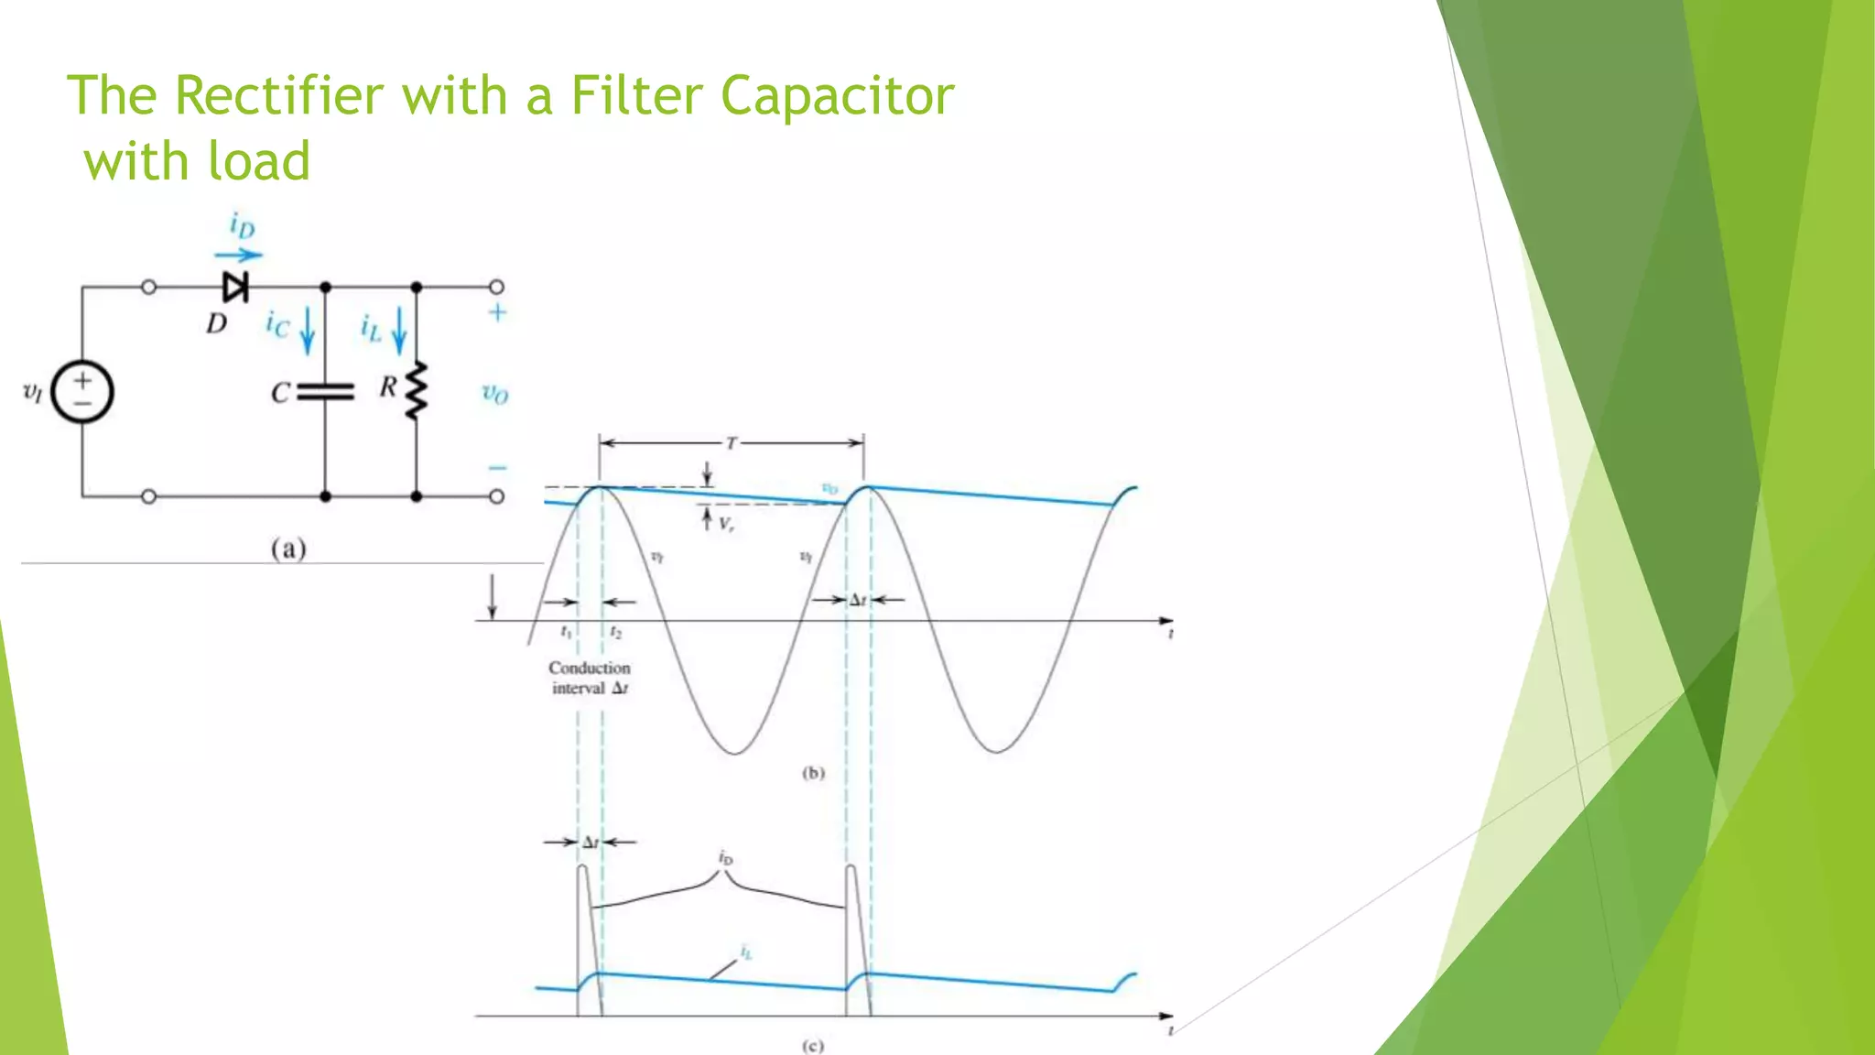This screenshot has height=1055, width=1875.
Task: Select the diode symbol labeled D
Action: pos(235,288)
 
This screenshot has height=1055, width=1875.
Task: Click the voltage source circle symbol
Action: pos(82,392)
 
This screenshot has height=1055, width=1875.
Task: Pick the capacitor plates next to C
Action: pos(325,392)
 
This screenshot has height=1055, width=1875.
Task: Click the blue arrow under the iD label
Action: pos(238,256)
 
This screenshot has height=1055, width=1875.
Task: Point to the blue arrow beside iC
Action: pos(308,330)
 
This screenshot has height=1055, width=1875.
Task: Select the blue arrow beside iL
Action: pos(399,330)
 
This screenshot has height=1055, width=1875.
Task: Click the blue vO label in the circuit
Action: pos(495,394)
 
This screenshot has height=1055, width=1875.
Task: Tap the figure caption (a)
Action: pos(288,549)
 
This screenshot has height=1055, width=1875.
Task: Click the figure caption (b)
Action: pos(813,773)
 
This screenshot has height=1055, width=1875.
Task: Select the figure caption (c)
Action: pos(812,1046)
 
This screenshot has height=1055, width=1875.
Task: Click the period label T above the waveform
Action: pos(731,443)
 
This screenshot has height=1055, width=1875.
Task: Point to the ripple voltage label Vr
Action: pos(725,525)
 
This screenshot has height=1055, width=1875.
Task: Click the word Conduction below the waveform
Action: pos(590,669)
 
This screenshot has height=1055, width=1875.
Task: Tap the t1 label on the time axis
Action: pos(566,632)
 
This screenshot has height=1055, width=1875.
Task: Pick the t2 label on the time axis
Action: pos(616,633)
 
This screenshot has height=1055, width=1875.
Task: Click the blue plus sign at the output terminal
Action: pos(497,313)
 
